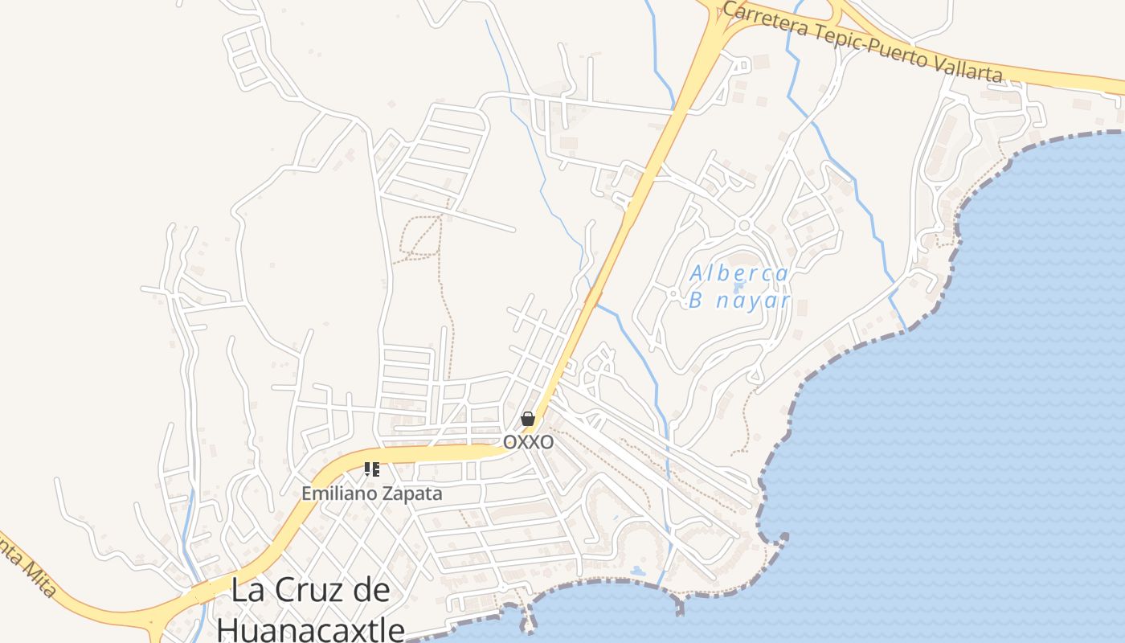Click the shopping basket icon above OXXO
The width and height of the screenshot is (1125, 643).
[528, 419]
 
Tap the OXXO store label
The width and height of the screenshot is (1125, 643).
[528, 442]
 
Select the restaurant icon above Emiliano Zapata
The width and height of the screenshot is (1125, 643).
[371, 469]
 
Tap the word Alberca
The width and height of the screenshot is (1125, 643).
[739, 274]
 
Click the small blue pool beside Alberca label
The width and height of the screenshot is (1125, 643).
[739, 286]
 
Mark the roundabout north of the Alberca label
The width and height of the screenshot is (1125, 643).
[743, 226]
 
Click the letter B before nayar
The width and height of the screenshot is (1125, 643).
[697, 301]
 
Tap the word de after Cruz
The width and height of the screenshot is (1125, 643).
[370, 591]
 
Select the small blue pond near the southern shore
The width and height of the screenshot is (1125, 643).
[637, 571]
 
